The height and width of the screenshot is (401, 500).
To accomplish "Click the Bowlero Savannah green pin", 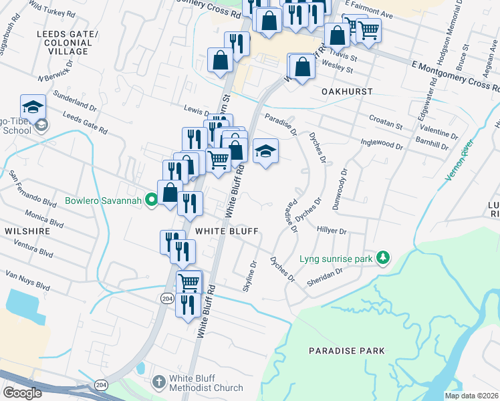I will [x=152, y=199].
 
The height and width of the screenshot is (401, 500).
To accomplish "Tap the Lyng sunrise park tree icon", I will [x=382, y=258].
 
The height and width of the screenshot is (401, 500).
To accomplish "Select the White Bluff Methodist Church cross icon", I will [x=158, y=382].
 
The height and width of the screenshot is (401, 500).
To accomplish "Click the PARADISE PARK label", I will [x=347, y=350].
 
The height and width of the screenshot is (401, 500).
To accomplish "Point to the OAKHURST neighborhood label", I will [x=346, y=90].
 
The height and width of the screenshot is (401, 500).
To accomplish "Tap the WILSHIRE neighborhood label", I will [x=27, y=231].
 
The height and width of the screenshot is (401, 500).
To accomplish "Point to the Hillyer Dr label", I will [x=332, y=231].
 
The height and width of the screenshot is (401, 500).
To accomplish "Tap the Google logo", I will [x=22, y=392].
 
